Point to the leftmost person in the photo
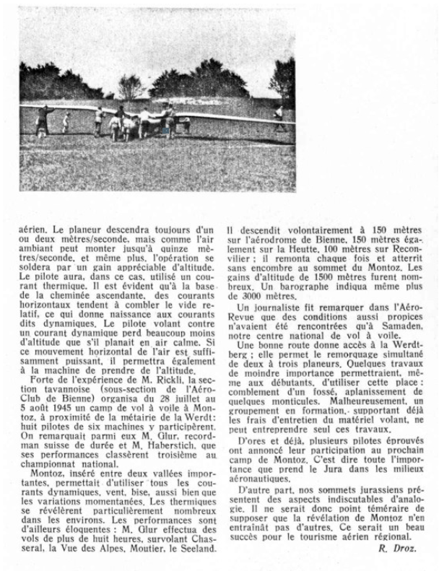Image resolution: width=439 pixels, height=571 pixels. (x=43, y=121)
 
